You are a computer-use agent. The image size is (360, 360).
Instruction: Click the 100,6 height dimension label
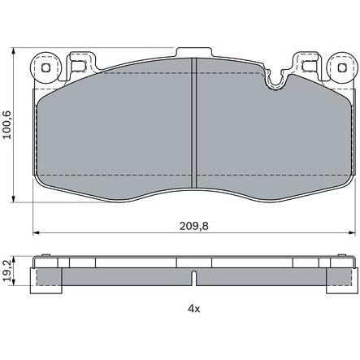point(7,124)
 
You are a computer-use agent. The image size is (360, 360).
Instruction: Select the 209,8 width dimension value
point(194,225)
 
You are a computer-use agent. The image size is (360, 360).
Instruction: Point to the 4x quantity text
point(194,308)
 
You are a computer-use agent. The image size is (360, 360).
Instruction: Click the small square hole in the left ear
point(46,67)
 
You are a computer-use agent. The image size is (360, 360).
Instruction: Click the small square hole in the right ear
point(342,67)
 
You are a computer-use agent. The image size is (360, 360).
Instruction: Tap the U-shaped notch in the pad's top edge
point(276,80)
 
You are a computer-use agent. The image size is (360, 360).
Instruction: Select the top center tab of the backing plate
point(193,53)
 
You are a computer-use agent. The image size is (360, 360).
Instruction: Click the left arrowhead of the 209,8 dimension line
point(36,232)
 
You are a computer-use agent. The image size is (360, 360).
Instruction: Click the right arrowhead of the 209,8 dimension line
point(352,232)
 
